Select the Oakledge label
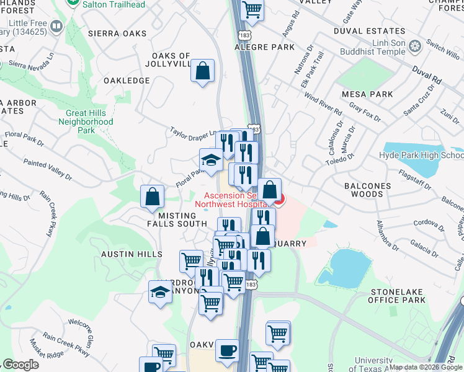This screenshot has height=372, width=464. pyautogui.click(x=127, y=81)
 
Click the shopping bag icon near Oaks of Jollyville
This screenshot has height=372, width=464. pyautogui.click(x=203, y=71)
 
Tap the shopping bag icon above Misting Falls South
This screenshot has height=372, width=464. pyautogui.click(x=152, y=197)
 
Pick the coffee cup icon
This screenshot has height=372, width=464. pyautogui.click(x=227, y=350)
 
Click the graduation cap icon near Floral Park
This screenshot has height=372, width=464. pyautogui.click(x=211, y=160)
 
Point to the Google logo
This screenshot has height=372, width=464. pyautogui.click(x=21, y=365)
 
